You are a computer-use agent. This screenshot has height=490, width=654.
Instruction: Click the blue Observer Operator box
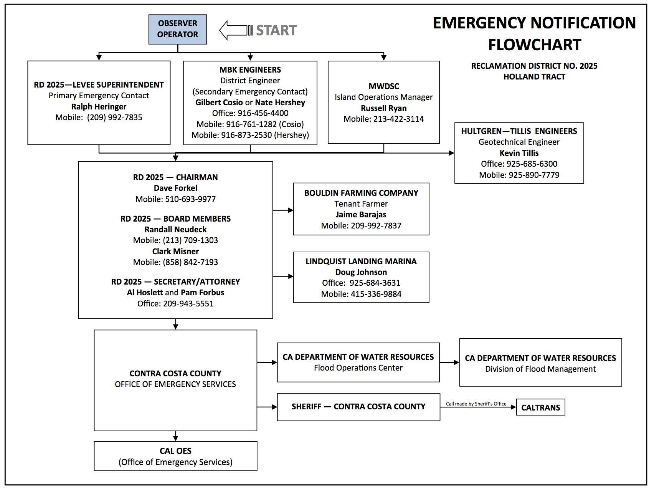tap(178, 29)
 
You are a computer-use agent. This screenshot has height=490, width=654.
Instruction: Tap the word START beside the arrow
tap(276, 30)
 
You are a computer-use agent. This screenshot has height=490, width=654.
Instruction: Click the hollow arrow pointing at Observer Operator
tap(236, 30)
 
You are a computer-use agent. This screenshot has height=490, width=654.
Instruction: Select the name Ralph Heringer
tap(99, 106)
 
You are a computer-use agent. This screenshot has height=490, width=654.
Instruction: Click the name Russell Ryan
tap(384, 108)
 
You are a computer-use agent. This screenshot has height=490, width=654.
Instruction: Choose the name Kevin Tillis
tap(519, 153)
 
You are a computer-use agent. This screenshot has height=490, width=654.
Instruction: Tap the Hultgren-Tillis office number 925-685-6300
tap(532, 164)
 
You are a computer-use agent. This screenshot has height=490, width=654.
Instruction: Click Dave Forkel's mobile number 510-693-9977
tap(190, 199)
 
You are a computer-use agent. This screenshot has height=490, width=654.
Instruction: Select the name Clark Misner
tap(175, 251)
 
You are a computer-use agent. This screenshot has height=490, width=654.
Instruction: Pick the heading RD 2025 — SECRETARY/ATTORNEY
tap(175, 281)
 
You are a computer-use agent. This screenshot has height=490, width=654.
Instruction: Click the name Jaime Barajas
tap(361, 214)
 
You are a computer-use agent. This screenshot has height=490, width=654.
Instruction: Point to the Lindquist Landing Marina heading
tap(361, 261)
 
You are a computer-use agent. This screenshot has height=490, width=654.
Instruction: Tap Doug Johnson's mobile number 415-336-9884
tap(376, 294)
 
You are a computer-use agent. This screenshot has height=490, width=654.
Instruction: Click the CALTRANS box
tap(541, 407)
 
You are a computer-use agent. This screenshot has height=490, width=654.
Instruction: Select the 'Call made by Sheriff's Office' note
tap(476, 404)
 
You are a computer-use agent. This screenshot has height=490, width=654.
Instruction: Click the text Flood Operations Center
tap(358, 367)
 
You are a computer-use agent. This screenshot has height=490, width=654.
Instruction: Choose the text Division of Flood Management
tap(540, 369)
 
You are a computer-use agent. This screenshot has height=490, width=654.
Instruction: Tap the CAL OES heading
tap(175, 451)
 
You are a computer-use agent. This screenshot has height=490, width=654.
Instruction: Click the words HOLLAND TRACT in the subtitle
tap(534, 76)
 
